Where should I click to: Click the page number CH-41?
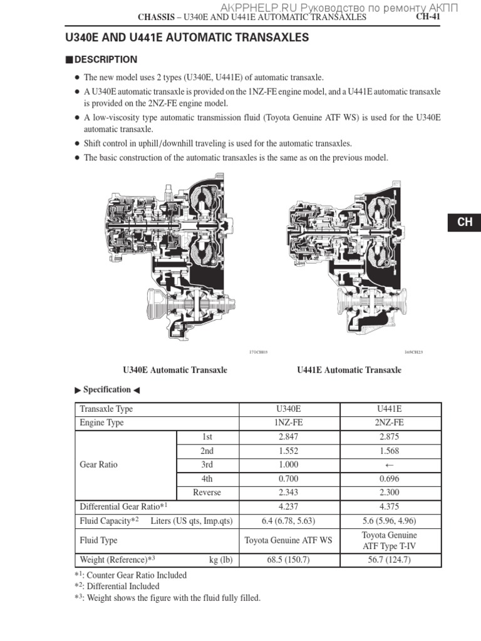click(429, 17)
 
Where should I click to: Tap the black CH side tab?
click(464, 222)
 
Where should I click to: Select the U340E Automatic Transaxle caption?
click(175, 370)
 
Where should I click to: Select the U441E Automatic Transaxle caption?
click(349, 370)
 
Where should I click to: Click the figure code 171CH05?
click(258, 352)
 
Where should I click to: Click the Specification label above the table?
click(107, 389)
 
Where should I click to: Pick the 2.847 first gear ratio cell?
click(289, 437)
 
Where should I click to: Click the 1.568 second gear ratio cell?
click(390, 451)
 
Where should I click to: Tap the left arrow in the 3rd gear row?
click(390, 465)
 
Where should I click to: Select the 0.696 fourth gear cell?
click(390, 479)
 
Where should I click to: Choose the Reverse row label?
click(207, 493)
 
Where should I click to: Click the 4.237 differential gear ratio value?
click(289, 506)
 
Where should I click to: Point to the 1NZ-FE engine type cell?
click(289, 423)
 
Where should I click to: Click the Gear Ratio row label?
click(98, 464)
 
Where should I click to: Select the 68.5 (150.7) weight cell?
click(289, 560)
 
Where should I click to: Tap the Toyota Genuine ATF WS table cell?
click(289, 540)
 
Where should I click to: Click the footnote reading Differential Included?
click(123, 587)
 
